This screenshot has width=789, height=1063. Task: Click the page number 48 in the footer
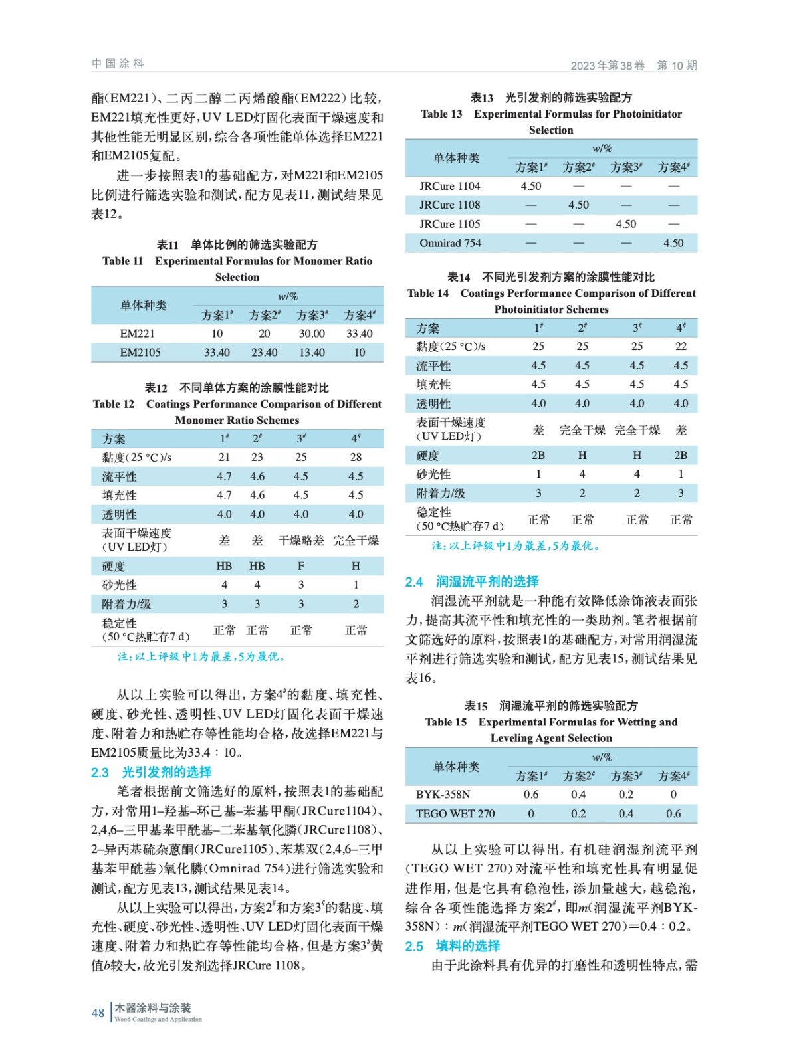point(98,1013)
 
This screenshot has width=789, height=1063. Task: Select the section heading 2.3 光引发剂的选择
point(151,772)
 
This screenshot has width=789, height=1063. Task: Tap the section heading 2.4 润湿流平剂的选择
point(472,581)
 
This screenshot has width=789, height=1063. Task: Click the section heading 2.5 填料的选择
point(453,945)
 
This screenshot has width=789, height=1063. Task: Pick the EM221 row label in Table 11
point(138,334)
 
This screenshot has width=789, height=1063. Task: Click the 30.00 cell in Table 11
point(312,334)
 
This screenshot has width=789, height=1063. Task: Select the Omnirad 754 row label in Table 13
point(450,243)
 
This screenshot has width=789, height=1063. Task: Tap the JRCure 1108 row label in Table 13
point(449,205)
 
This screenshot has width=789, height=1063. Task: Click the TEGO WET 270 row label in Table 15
point(455,813)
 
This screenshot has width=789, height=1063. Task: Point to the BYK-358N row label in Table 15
point(443,795)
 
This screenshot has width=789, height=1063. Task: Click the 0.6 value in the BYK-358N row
point(531,795)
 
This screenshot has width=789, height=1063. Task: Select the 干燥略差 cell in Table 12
point(301,540)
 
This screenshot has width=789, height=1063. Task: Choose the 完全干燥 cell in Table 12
point(356,540)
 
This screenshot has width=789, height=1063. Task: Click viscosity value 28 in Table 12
point(356,457)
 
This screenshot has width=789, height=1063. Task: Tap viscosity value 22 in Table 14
point(681,346)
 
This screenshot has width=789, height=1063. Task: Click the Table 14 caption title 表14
point(459,277)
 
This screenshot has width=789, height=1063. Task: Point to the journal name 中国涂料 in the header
point(118,64)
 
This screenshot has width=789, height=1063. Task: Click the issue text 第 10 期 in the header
point(677,65)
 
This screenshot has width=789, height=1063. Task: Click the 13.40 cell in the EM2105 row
point(312,353)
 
